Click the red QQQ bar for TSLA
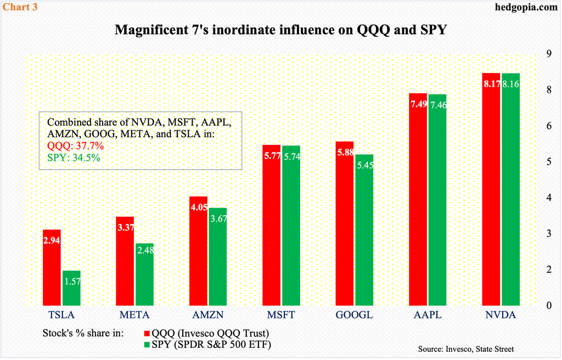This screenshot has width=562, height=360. click(52, 267)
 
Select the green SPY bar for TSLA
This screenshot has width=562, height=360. click(72, 288)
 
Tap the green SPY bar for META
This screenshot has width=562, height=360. click(145, 274)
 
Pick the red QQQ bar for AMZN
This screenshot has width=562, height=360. click(198, 251)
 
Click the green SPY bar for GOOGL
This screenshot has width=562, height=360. click(364, 230)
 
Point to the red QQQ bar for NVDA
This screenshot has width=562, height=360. click(491, 189)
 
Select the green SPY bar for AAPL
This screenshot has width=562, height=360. click(437, 200)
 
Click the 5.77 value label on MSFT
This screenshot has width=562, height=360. click(272, 156)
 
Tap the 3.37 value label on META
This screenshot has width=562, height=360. click(126, 227)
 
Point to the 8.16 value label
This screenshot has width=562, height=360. click(510, 84)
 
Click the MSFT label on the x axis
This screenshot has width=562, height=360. click(281, 315)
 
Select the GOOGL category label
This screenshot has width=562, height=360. click(354, 315)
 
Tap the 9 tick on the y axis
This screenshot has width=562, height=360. click(539, 54)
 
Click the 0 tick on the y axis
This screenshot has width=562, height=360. click(539, 306)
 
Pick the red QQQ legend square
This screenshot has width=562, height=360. click(147, 334)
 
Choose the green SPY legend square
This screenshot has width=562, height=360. click(147, 345)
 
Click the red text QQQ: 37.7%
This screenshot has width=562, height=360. click(75, 146)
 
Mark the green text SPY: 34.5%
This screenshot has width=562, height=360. click(74, 157)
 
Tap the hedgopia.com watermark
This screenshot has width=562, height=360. click(526, 7)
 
